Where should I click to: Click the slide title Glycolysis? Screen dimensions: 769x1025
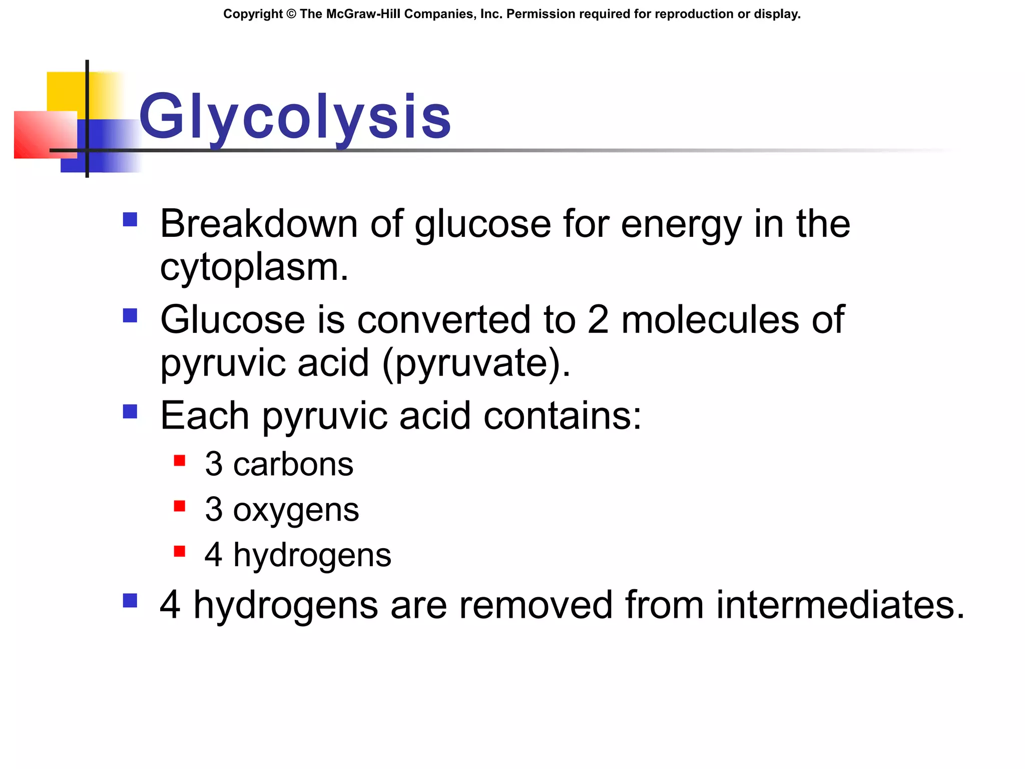coord(295,117)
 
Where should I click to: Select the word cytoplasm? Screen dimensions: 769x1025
coord(254,267)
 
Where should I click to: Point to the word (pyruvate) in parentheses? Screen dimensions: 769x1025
coord(475,363)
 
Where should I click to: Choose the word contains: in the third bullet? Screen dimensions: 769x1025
coord(562,416)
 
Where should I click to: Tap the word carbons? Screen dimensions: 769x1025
coord(293,464)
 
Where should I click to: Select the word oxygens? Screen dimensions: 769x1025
coord(296,510)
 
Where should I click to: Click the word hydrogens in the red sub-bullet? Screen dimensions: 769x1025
coord(312,555)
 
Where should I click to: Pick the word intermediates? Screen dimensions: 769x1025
coord(840,605)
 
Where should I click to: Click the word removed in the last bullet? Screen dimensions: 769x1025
coord(536,605)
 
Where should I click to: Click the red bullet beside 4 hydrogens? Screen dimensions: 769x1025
coord(180,552)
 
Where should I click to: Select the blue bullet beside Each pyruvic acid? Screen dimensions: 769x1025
coord(130,412)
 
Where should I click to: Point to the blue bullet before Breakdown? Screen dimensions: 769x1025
coord(130,219)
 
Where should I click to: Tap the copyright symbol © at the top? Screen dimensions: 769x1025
coord(291,14)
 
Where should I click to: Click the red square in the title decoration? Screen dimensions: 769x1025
coord(45,135)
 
